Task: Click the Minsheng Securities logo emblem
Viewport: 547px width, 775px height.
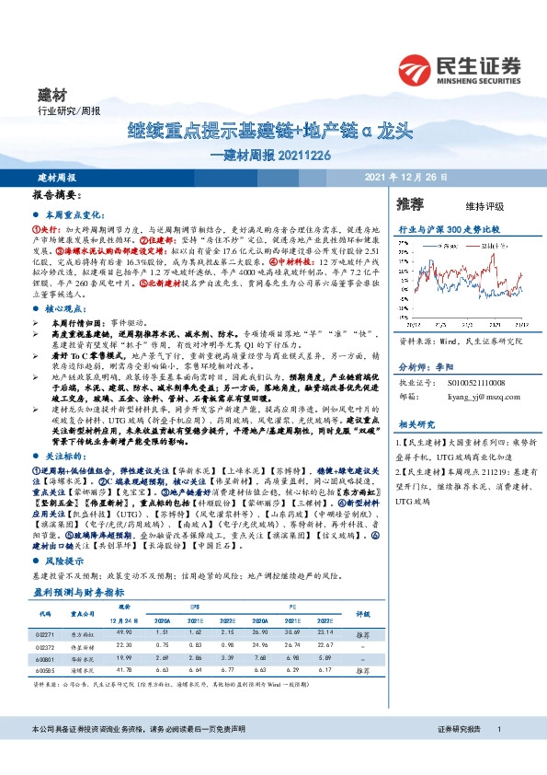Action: [x=416, y=68]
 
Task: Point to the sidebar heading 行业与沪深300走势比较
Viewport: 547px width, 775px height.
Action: [x=449, y=226]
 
